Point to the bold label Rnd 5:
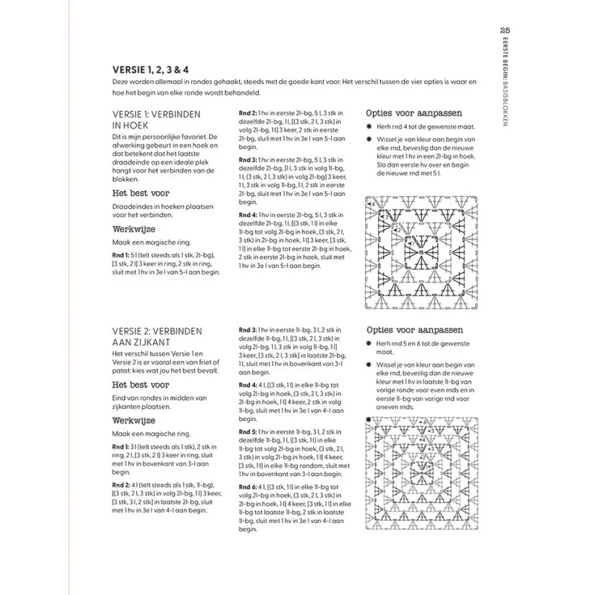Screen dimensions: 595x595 tap(249, 431)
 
